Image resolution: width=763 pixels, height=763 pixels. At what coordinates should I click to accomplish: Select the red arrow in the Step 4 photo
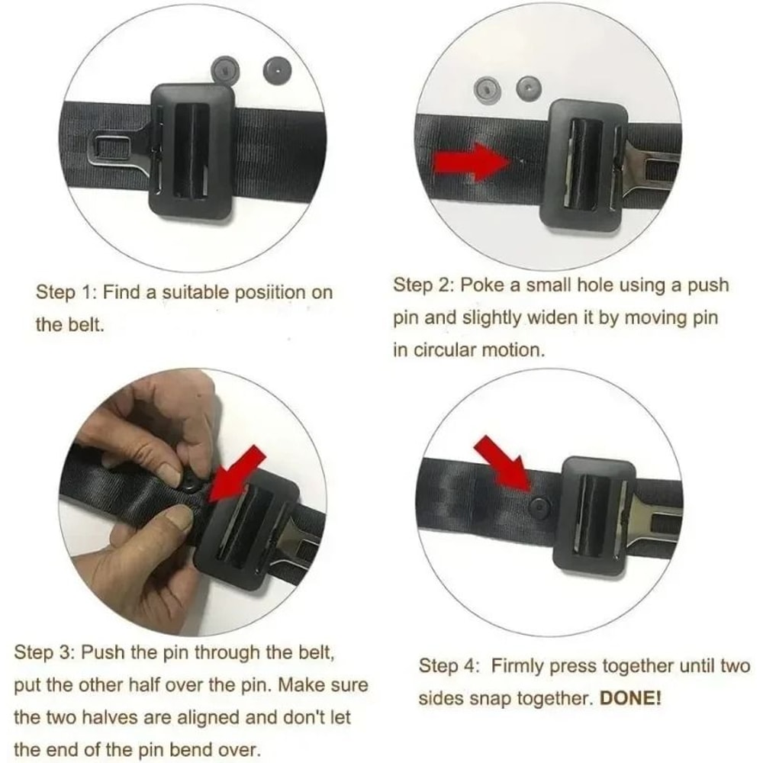(x=504, y=462)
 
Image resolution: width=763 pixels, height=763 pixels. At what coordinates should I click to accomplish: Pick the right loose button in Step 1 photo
(x=277, y=71)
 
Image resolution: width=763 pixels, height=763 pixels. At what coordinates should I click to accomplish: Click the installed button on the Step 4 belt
(x=539, y=506)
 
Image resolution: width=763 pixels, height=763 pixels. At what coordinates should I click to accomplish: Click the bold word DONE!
(x=630, y=699)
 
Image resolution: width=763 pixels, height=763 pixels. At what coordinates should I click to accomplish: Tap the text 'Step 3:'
(x=44, y=652)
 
